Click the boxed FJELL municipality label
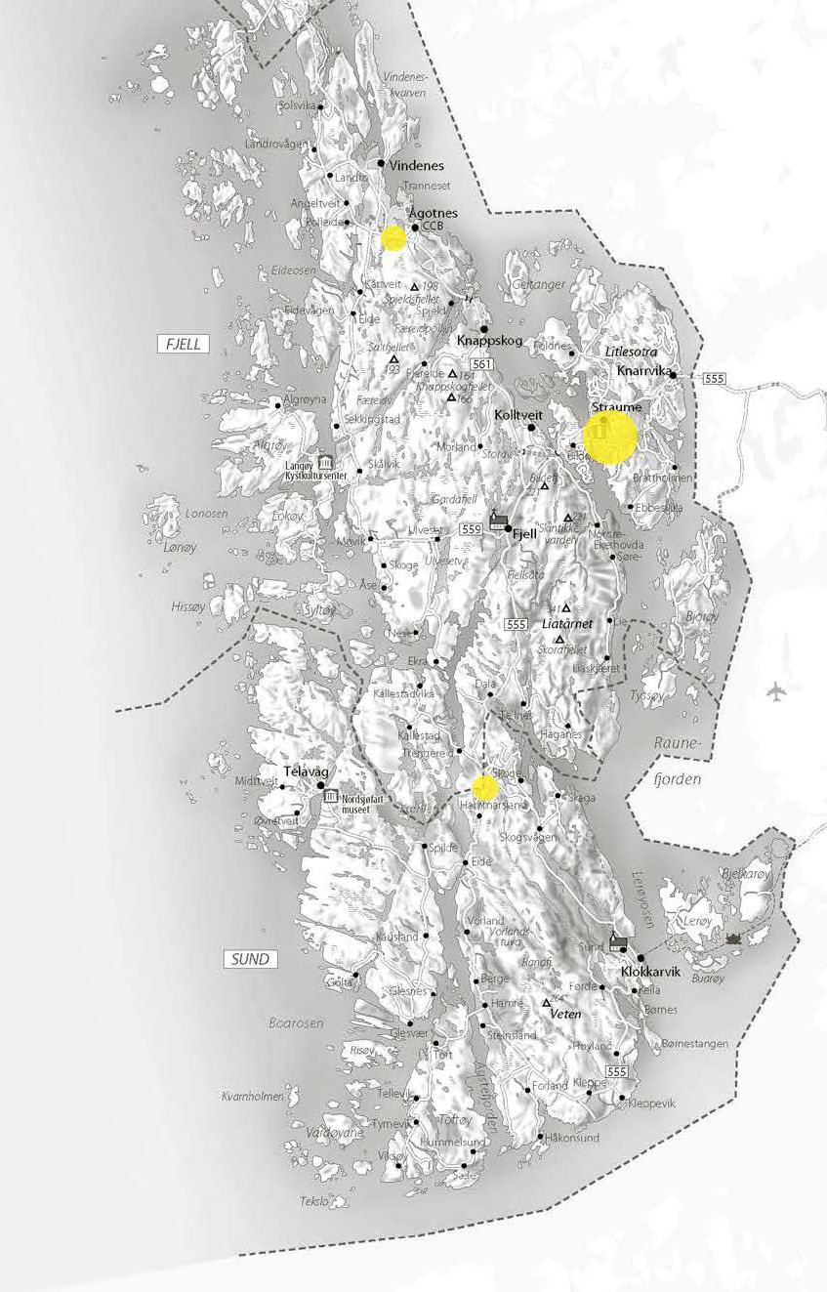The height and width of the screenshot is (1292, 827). (183, 343)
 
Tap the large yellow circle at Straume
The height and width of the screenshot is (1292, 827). (610, 436)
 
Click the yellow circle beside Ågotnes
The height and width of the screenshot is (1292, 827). (393, 237)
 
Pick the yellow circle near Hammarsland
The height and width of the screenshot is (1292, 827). (485, 786)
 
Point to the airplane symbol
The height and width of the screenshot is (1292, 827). (777, 692)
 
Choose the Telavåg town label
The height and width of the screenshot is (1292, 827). (302, 771)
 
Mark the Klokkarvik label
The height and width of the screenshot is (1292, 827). (650, 973)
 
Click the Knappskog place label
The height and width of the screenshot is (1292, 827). (490, 341)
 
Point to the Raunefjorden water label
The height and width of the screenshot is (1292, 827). (675, 762)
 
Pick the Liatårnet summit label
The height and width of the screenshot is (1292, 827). (564, 622)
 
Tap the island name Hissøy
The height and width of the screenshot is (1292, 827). (188, 605)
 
